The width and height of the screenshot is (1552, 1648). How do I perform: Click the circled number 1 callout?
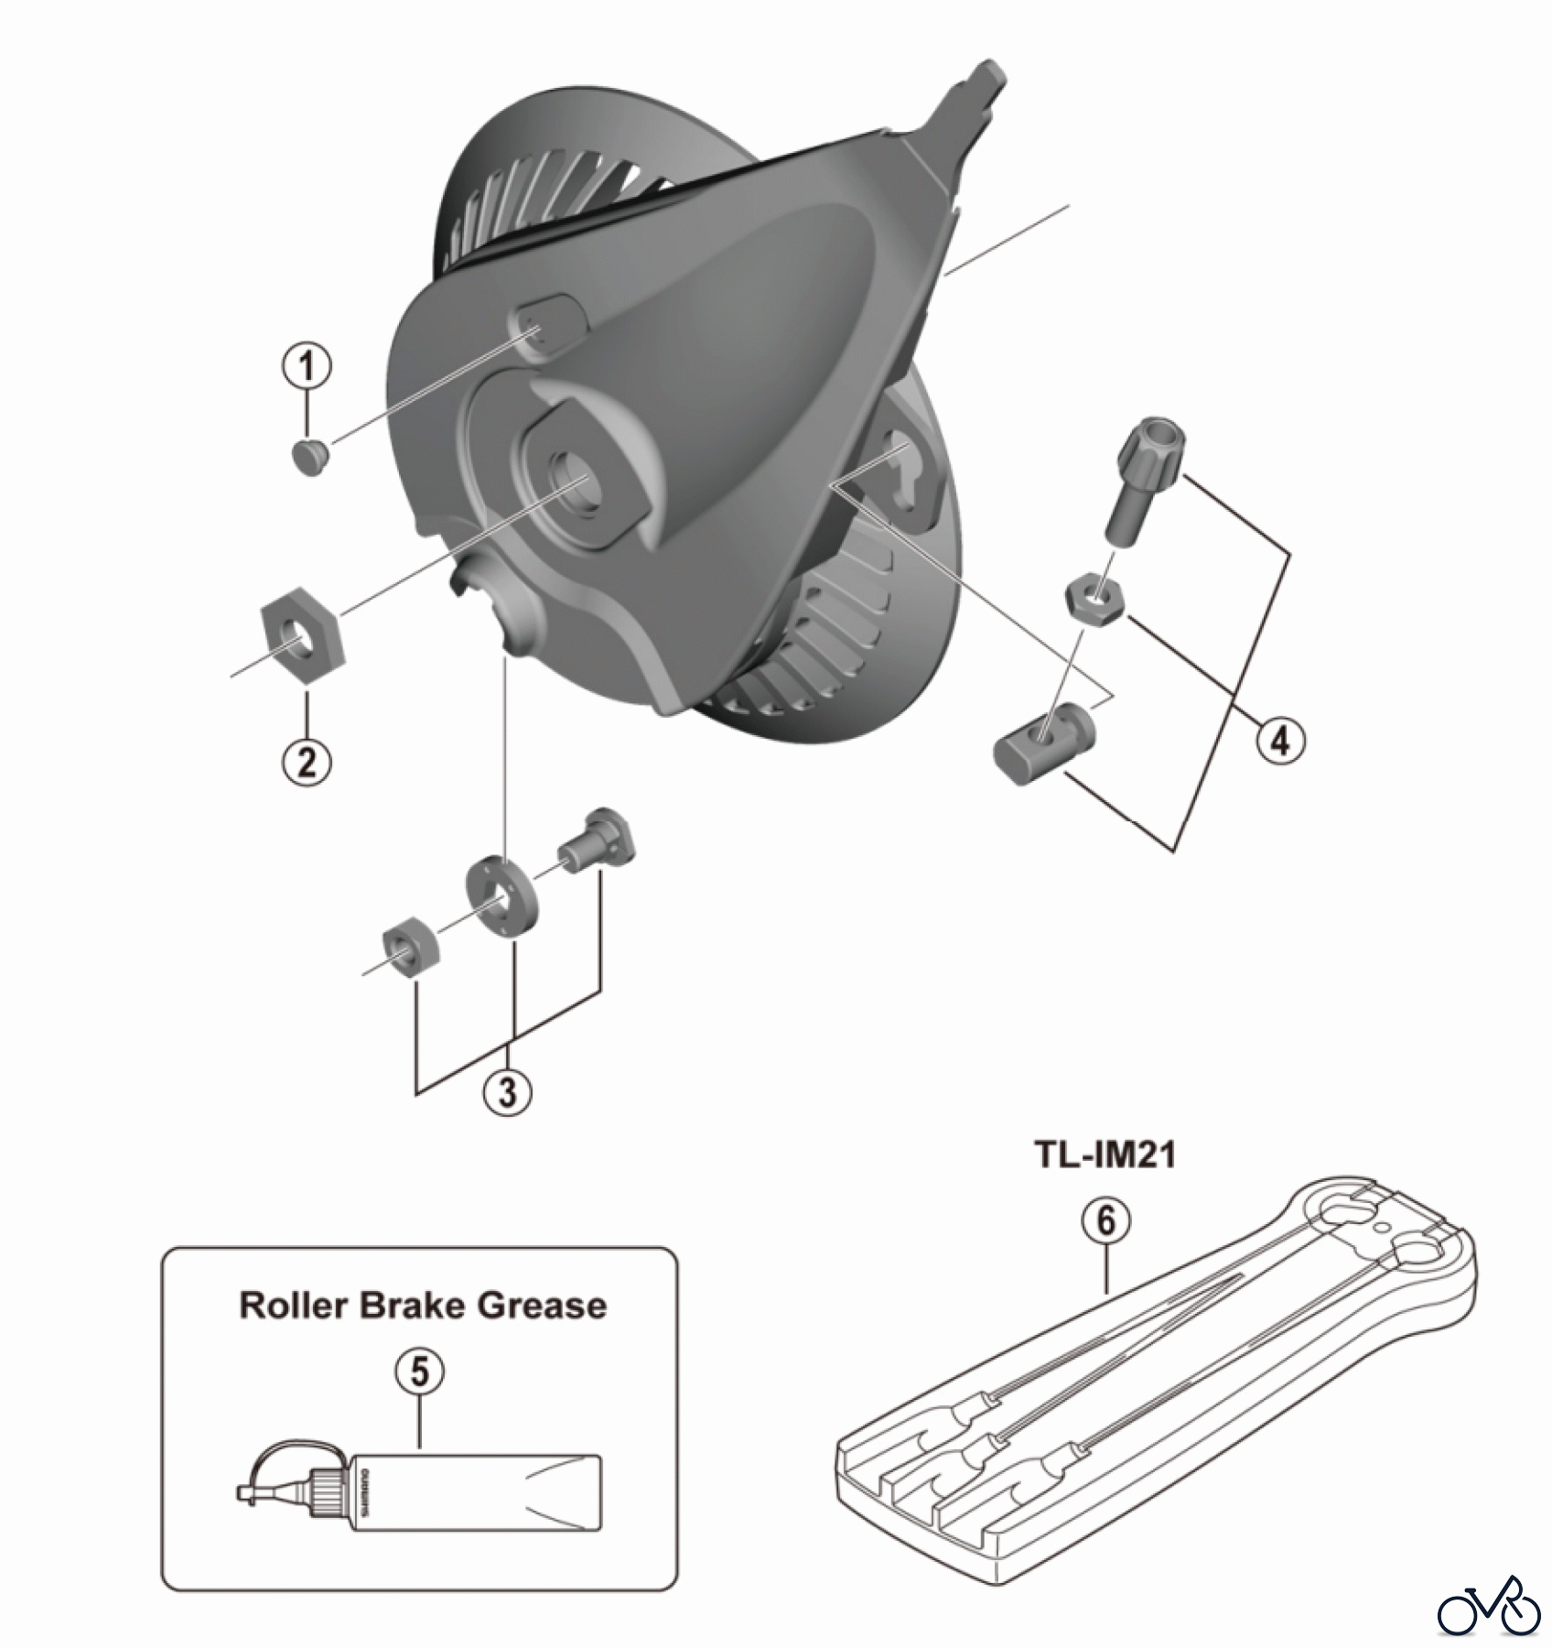307,367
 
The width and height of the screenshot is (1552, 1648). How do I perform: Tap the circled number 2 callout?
307,762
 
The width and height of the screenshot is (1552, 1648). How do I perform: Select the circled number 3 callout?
508,1091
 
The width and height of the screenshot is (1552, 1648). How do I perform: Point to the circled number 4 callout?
1280,740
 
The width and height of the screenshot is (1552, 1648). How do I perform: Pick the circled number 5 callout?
419,1372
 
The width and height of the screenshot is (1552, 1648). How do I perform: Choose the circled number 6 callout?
1105,1221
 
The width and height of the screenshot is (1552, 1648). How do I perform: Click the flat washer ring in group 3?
501,894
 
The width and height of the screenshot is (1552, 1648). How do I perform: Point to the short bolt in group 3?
598,840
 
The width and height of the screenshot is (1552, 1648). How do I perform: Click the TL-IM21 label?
1105,1155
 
